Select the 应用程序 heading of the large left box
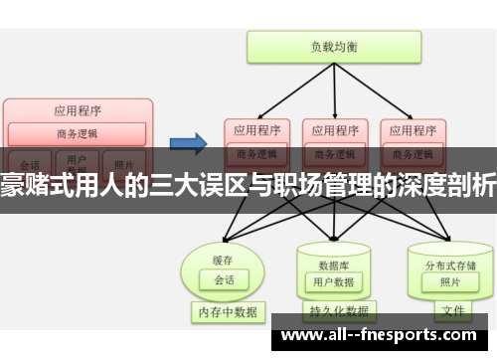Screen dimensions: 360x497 point(77,111)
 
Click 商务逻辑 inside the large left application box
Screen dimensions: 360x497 point(77,132)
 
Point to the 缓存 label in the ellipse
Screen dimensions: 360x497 point(223,233)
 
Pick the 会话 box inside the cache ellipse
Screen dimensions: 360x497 point(224,254)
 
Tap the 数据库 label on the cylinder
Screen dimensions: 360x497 point(332,239)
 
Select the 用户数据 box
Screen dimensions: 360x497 point(332,255)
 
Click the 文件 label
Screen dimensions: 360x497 point(452,310)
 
